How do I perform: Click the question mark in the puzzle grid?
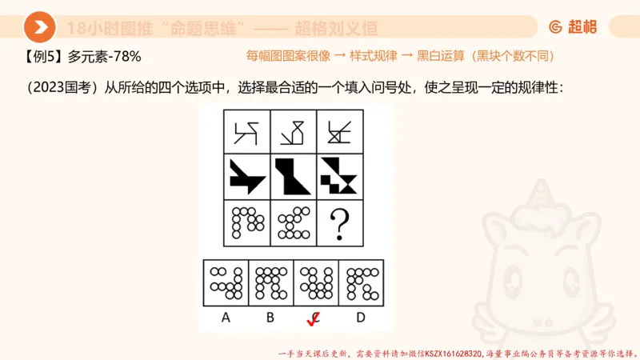point(339,223)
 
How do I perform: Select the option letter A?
point(226,318)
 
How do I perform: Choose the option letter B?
point(270,318)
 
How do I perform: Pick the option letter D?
point(361,318)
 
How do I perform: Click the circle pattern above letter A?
point(226,282)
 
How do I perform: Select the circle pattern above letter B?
point(271,282)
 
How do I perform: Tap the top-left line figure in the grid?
point(246,130)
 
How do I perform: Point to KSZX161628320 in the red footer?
point(454,353)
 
